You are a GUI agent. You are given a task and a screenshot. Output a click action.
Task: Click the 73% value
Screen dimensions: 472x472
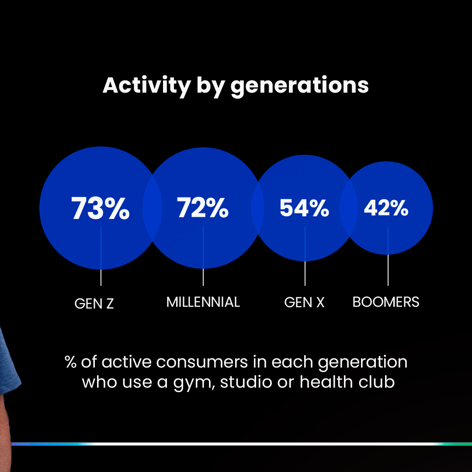100,208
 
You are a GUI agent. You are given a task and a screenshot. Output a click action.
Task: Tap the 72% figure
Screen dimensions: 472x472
203,208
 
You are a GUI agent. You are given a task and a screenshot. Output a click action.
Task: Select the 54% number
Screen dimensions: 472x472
304,208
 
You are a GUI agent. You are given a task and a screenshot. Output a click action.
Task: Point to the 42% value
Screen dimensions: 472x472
386,208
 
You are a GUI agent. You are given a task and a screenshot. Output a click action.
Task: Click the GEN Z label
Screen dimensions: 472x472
94,303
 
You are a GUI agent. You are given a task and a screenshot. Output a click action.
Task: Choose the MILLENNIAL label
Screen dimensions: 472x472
203,302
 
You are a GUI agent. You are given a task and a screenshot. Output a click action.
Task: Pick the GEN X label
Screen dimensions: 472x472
304,302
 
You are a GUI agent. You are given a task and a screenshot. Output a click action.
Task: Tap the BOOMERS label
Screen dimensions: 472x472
386,302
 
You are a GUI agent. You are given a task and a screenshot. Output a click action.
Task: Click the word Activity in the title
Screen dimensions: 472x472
147,86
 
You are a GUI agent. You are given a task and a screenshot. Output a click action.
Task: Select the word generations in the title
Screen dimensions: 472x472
299,86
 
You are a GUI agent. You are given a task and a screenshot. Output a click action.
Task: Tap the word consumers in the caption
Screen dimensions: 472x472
202,362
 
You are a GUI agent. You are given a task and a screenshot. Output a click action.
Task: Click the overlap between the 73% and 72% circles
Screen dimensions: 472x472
153,208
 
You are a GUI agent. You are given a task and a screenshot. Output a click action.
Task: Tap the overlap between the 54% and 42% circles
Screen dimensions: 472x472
349,208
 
